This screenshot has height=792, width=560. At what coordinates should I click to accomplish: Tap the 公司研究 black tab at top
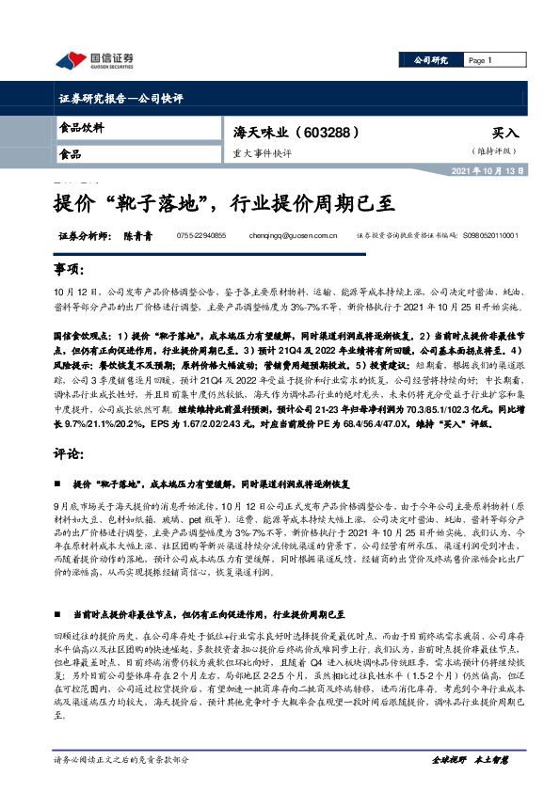click(x=430, y=61)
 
